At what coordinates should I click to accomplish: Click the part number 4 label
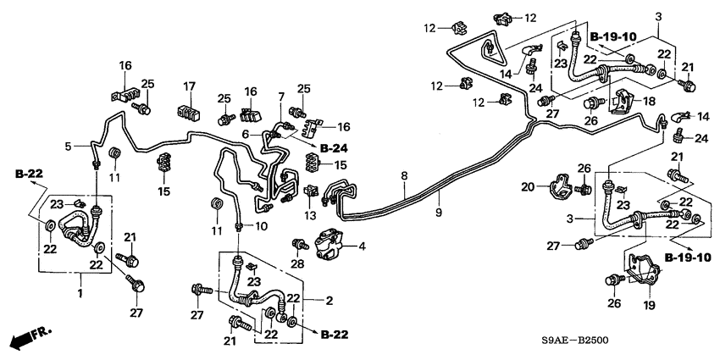tap(363, 246)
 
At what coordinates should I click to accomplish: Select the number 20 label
tap(526, 187)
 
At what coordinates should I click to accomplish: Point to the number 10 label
tap(261, 225)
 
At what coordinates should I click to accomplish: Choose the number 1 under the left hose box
tap(81, 291)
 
